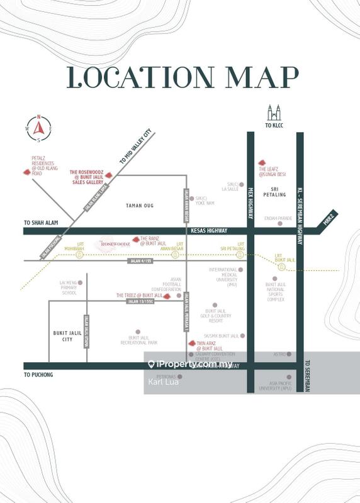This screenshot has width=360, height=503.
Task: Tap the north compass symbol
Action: tap(38, 128)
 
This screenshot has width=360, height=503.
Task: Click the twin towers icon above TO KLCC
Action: tap(273, 114)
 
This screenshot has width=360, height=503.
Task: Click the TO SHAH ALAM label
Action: tap(40, 223)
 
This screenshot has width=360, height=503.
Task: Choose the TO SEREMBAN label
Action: tap(308, 376)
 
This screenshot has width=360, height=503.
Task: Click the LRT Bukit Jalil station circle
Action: tap(281, 267)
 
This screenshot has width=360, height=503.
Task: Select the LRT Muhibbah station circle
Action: tap(79, 255)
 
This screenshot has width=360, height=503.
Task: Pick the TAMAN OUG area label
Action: tap(140, 206)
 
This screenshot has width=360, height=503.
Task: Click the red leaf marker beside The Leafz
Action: tap(261, 161)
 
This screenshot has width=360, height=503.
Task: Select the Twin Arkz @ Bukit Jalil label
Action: tap(210, 346)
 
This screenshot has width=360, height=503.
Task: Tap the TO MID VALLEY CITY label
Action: tap(136, 148)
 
